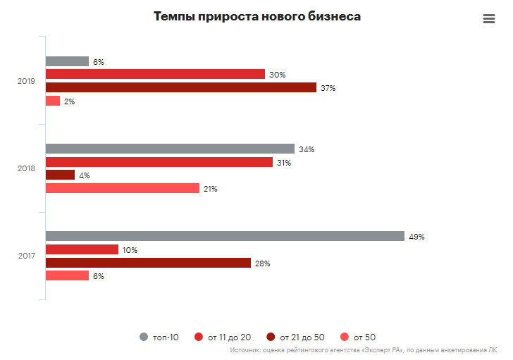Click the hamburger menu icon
489,19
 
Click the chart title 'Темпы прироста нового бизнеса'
256,17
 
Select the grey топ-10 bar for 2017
225,237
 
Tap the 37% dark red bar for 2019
181,88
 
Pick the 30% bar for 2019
155,75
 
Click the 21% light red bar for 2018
123,188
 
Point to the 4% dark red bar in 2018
60,175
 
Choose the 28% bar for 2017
148,263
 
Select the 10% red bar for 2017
82,249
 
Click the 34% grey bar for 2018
170,149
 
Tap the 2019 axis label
26,81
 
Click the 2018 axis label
26,168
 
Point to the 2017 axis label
26,256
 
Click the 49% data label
416,237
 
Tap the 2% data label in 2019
69,101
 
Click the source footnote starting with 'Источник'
363,349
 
